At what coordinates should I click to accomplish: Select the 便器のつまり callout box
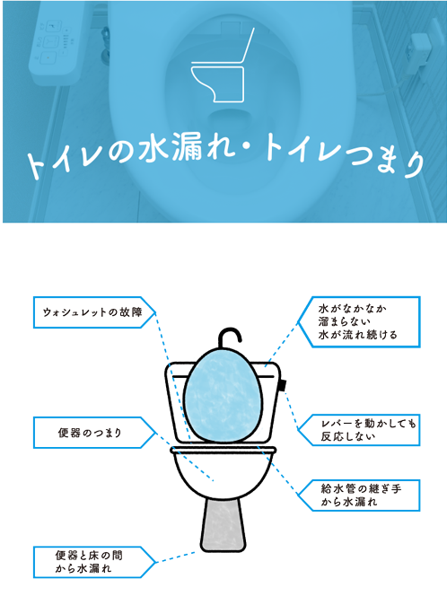pos(95,433)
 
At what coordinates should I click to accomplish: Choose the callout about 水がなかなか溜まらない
pos(358,322)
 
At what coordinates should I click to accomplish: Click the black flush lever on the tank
pos(282,385)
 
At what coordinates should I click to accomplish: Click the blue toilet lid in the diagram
pos(223,395)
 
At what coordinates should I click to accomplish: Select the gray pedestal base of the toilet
pos(223,525)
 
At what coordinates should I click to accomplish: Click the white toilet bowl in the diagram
pos(223,472)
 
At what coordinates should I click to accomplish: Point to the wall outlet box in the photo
pos(417,53)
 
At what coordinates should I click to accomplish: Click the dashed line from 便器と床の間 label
pos(176,557)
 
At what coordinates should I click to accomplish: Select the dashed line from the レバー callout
pos(292,410)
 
